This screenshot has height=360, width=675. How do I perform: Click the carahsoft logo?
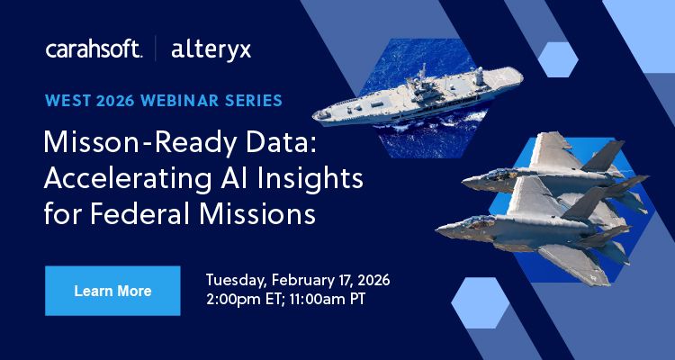[94, 49]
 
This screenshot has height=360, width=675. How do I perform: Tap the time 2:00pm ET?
[246, 297]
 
